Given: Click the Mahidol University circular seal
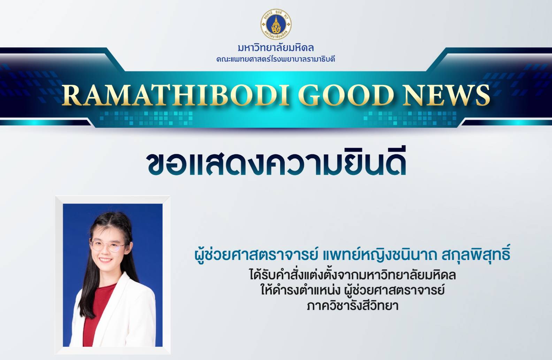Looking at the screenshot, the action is pyautogui.click(x=276, y=24).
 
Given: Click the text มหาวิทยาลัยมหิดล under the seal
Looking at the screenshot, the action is pyautogui.click(x=276, y=48).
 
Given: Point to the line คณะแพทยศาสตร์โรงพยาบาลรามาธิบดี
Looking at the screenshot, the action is pyautogui.click(x=276, y=59).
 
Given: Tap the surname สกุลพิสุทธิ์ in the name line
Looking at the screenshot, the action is pyautogui.click(x=476, y=254).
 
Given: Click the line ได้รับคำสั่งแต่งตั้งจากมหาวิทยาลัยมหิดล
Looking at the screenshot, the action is pyautogui.click(x=352, y=275).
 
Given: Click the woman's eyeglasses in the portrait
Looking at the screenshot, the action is pyautogui.click(x=107, y=245).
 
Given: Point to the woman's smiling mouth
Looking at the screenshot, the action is pyautogui.click(x=106, y=260).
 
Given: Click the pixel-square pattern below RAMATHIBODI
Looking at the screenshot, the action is pyautogui.click(x=146, y=118).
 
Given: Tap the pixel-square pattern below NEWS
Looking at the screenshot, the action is pyautogui.click(x=410, y=118).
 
